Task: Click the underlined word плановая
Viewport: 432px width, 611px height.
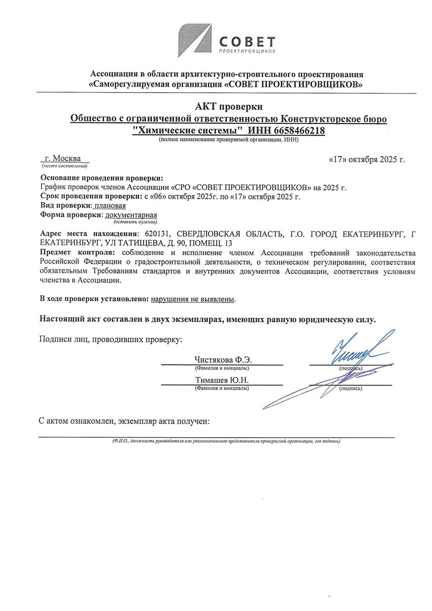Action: pyautogui.click(x=110, y=205)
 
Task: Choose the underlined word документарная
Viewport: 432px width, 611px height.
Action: pyautogui.click(x=131, y=215)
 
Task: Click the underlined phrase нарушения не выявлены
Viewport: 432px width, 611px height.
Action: pyautogui.click(x=193, y=299)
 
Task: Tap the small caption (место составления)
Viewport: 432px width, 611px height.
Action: pyautogui.click(x=64, y=166)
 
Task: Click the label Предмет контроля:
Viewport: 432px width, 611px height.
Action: pyautogui.click(x=78, y=253)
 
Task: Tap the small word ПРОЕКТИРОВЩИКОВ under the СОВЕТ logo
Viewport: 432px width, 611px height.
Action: pyautogui.click(x=247, y=51)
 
